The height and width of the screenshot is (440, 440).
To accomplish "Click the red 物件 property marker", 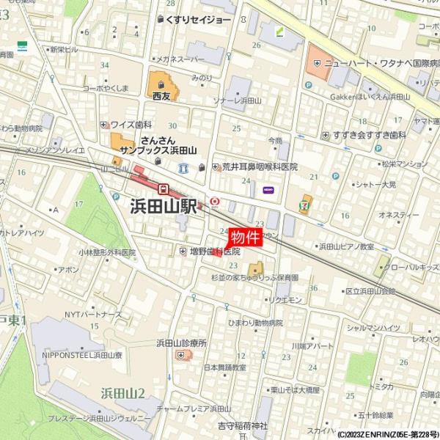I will click(246, 237).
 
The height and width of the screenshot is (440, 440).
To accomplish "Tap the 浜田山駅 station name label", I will click(164, 207).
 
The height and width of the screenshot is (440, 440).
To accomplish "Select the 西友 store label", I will click(161, 95).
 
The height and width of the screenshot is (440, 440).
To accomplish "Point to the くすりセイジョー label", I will click(199, 20).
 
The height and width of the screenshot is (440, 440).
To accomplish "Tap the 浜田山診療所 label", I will click(181, 343).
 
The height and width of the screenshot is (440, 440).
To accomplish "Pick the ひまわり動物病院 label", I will click(254, 323).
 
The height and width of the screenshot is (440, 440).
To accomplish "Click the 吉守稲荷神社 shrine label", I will click(243, 425).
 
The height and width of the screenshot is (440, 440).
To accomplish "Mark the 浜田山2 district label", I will click(122, 392).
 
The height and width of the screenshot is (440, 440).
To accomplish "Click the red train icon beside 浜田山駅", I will click(165, 188).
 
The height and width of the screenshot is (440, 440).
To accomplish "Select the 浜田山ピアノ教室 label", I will click(346, 247).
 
